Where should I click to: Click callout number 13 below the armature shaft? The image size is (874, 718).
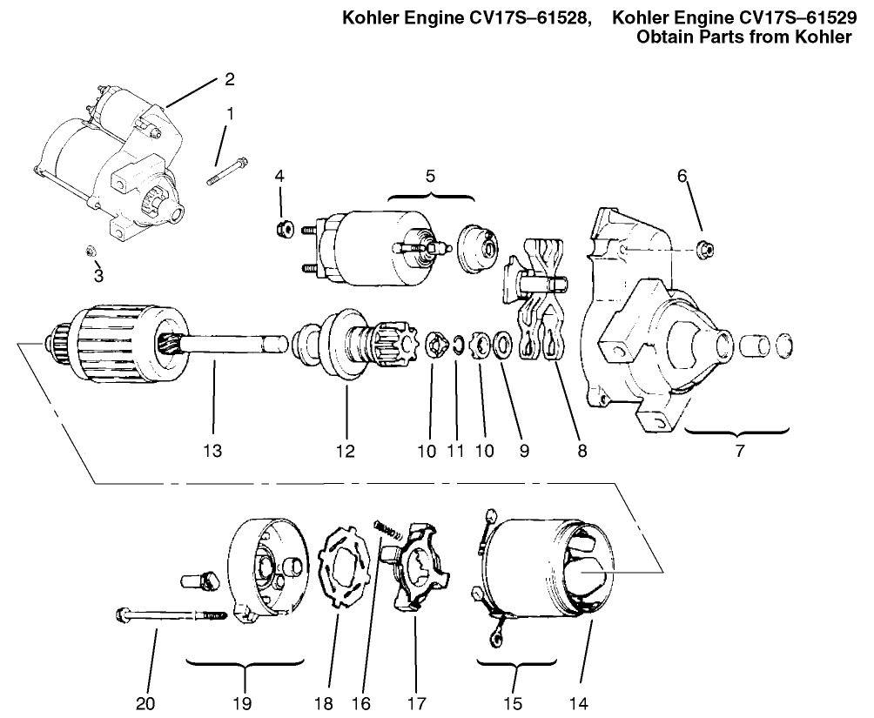(212, 451)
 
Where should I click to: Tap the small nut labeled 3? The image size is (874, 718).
(91, 252)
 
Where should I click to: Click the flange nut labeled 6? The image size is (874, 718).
(707, 249)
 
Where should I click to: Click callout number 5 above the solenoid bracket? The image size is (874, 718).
(430, 175)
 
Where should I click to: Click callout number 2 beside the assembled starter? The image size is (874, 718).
(229, 79)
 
